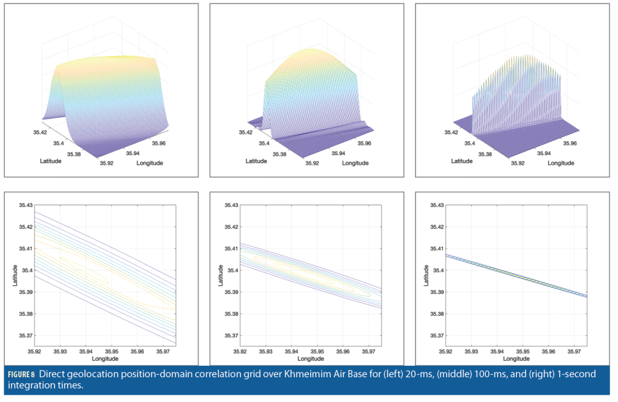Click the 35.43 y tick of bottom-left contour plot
pos(24,205)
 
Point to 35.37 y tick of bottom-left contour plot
pos(24,336)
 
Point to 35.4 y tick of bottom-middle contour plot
pos(232,270)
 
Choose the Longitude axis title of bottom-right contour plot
pos(516,359)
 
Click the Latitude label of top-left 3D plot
pos(51,161)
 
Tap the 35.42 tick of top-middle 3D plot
pos(246,132)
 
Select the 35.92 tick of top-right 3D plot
pos(518,163)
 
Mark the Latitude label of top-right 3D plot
pos(462,161)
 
